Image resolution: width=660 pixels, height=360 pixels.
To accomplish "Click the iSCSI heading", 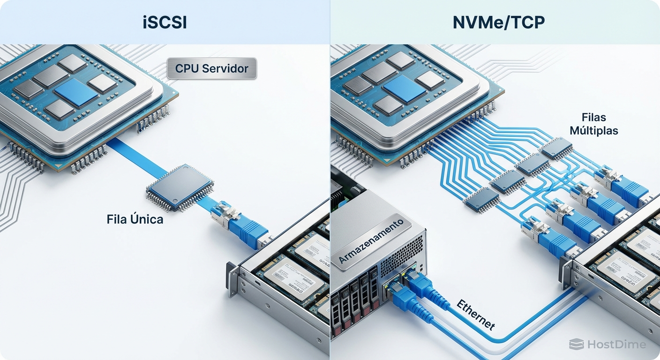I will [165, 22].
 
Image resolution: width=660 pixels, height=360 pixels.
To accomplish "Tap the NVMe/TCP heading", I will [498, 22].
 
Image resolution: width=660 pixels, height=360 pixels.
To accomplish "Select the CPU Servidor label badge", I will [211, 68].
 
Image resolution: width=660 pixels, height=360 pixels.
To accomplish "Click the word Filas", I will [593, 117].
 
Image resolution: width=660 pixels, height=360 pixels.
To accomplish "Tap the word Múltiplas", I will [593, 130].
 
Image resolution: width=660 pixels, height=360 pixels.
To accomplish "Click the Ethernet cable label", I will [475, 315].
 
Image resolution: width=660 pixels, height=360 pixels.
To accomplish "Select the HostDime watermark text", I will [616, 345].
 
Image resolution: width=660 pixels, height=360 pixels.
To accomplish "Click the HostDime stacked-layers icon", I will [576, 345].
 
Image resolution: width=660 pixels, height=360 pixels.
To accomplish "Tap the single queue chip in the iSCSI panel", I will [180, 187].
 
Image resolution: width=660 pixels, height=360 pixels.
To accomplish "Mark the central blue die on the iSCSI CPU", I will [76, 92].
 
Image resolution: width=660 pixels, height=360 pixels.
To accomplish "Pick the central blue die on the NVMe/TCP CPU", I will [405, 89].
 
